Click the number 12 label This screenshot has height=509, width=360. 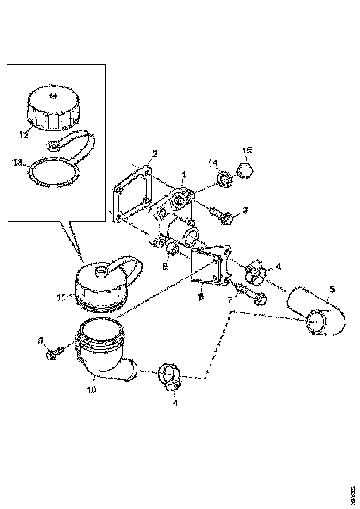[x=24, y=135]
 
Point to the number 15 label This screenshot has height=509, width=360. [x=248, y=150]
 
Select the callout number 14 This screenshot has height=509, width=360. [x=212, y=162]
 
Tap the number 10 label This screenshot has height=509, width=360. [x=91, y=390]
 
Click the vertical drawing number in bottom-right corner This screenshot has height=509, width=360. [x=354, y=492]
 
